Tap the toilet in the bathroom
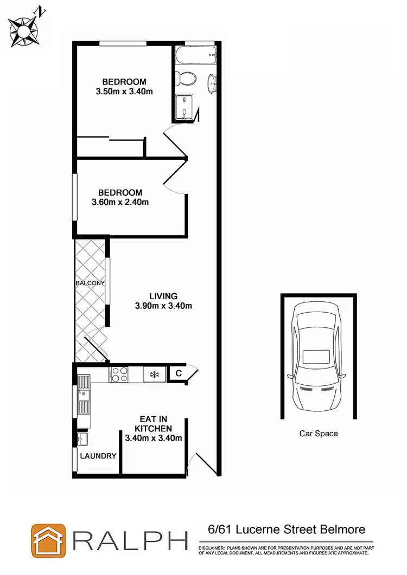tap(187, 77)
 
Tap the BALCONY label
tap(90, 283)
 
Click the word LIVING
tap(163, 296)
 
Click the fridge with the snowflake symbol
tap(154, 374)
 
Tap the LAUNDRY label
tap(98, 456)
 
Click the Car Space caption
tap(319, 434)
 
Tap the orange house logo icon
tap(48, 540)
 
